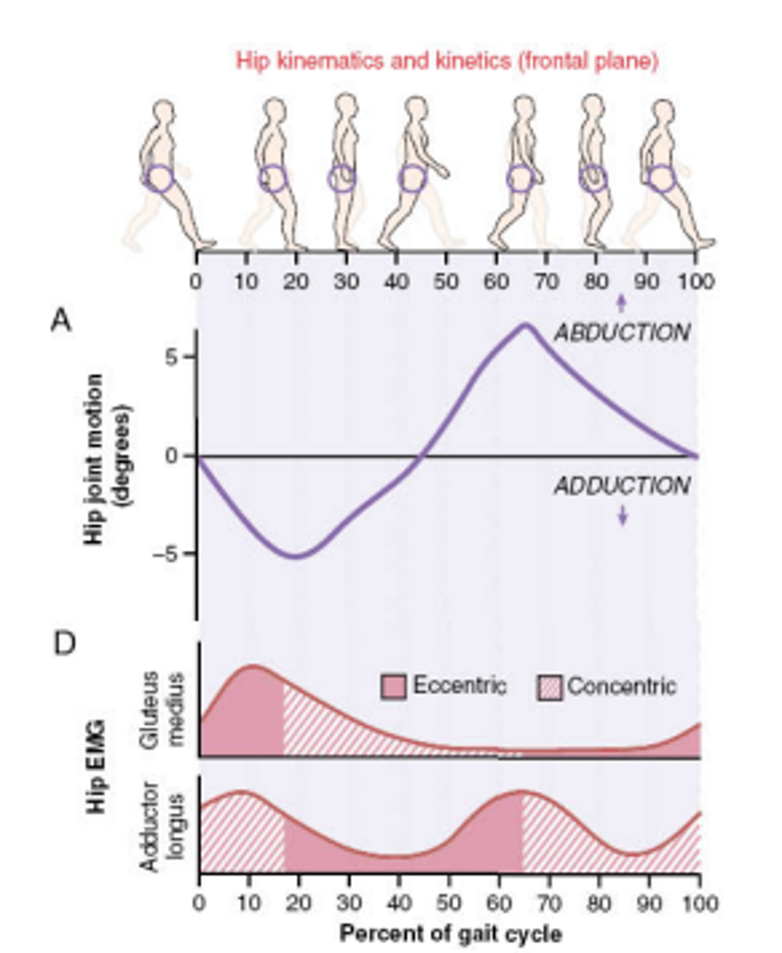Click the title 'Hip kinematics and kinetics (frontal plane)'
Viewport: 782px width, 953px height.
point(447,61)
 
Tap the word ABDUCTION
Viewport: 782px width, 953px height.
point(621,333)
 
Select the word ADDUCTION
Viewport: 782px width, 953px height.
point(621,485)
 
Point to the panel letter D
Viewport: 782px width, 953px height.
point(64,642)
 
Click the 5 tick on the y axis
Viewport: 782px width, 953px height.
point(180,356)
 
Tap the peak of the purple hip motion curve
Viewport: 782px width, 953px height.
point(525,324)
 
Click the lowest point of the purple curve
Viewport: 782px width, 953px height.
point(295,556)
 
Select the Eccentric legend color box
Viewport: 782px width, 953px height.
point(394,687)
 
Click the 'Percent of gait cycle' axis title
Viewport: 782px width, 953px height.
point(451,933)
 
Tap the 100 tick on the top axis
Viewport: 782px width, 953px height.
point(696,281)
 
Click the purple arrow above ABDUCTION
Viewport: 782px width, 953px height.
point(621,303)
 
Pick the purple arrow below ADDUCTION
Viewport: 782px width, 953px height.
point(623,515)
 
